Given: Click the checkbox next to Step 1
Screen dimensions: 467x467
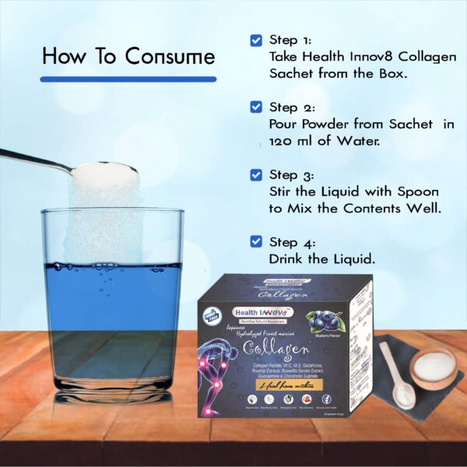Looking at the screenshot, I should [256, 40].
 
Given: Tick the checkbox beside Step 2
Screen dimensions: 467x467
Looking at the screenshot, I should [256, 107].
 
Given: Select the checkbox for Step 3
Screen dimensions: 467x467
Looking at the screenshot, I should [256, 175].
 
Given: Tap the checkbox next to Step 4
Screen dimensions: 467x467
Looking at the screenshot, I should [256, 241].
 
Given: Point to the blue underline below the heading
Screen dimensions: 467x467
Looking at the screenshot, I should [128, 79].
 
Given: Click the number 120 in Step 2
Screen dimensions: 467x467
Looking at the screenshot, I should [280, 142].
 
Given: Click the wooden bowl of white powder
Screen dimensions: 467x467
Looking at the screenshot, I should [432, 367].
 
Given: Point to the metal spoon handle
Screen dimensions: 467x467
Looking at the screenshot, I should [31, 160].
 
